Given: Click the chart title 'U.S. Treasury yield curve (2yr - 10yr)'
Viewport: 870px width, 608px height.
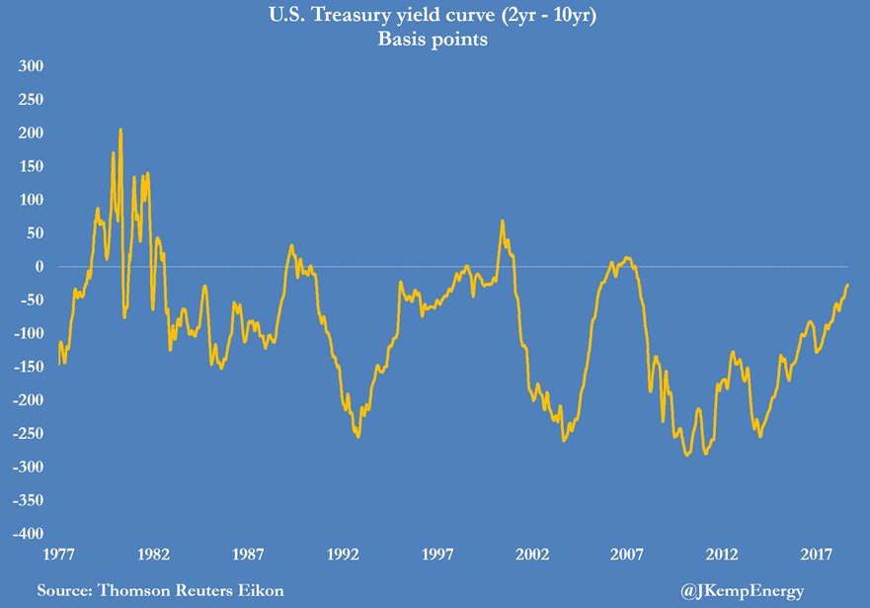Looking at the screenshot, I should tap(435, 16).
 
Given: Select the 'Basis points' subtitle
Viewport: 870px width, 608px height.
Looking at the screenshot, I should tap(435, 42).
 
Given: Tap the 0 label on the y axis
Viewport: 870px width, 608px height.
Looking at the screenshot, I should tap(40, 267).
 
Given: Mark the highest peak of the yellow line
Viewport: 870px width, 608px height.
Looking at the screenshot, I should tap(120, 130).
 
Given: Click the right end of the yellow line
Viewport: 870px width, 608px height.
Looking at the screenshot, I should tap(847, 285).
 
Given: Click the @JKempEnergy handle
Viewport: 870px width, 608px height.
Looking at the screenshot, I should tap(743, 591).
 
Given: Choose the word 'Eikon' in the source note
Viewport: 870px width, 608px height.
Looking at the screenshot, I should tap(261, 591).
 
